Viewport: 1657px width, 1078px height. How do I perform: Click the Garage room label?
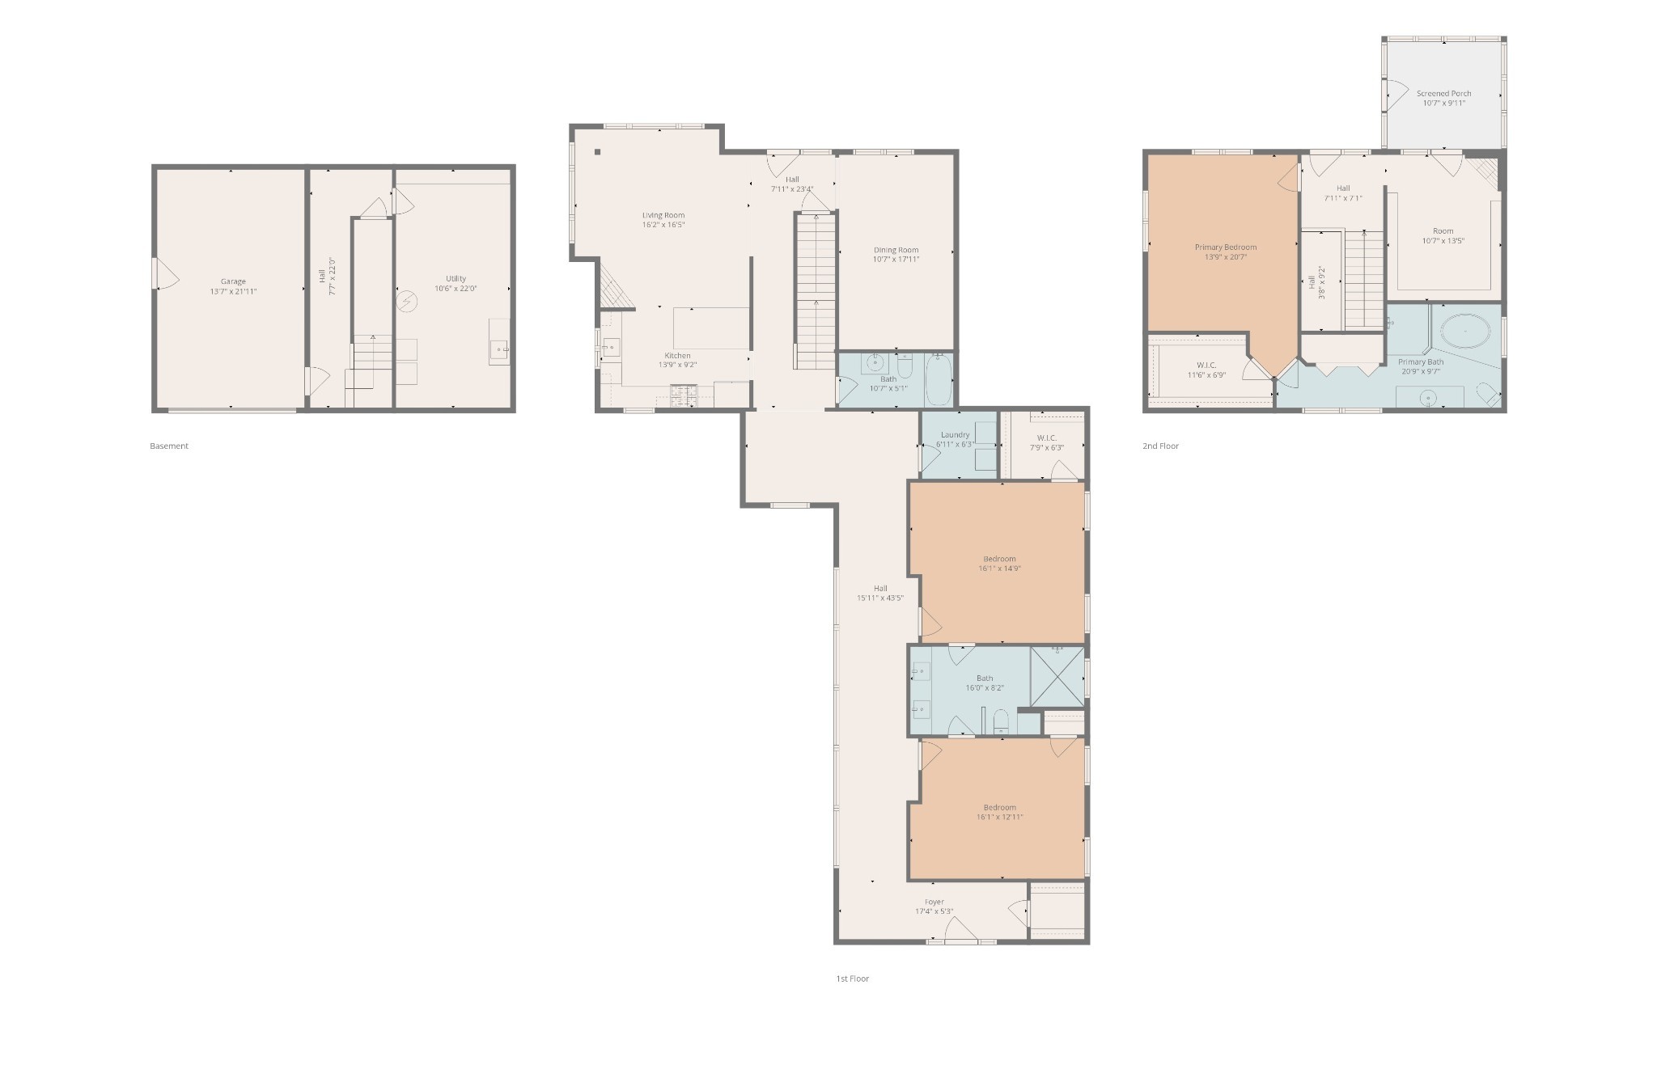tap(233, 281)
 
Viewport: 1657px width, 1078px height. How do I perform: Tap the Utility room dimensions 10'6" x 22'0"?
tap(456, 288)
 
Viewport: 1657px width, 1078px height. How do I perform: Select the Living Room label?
tap(663, 215)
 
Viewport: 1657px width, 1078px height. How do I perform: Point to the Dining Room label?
tap(896, 250)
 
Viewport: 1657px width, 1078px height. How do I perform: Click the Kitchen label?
tap(678, 355)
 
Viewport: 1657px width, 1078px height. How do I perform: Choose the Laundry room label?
tap(955, 434)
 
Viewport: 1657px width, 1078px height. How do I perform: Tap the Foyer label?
tap(934, 902)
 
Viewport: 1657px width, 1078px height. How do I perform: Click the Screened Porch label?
tap(1444, 93)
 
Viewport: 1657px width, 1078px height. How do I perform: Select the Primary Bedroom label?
tap(1226, 247)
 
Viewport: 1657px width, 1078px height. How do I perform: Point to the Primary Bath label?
tap(1421, 361)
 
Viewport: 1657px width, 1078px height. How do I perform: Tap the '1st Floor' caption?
tap(853, 979)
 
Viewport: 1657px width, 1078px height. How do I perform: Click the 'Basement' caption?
tap(169, 446)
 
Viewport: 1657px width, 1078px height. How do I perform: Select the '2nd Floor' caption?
tap(1160, 446)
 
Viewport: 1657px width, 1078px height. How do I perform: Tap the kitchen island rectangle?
tap(711, 328)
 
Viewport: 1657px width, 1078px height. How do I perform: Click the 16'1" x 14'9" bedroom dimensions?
tap(999, 569)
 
